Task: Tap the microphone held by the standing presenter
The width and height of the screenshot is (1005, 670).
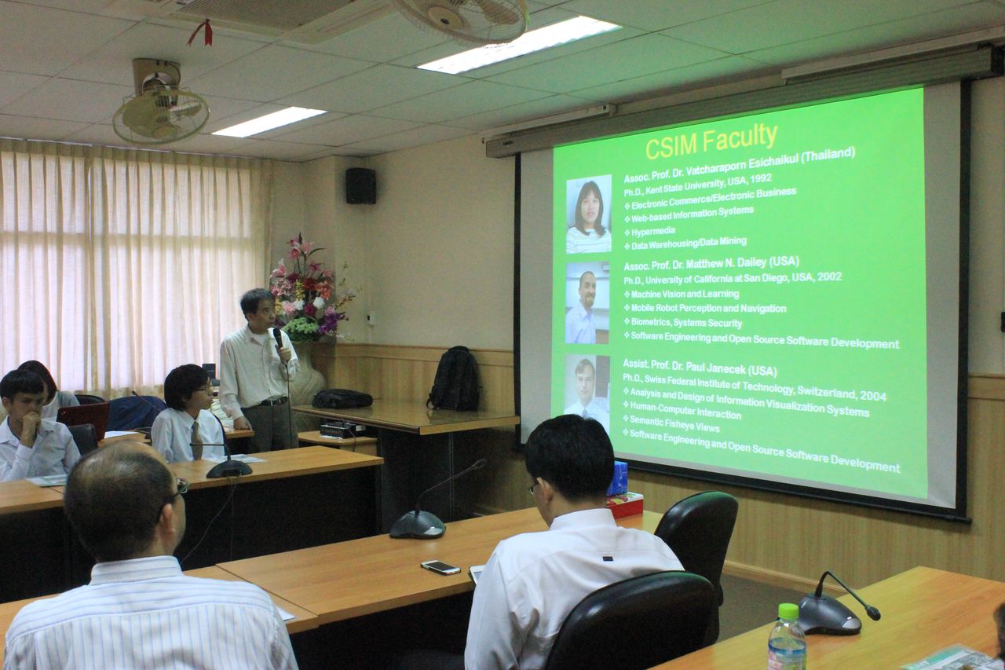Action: pos(278,338)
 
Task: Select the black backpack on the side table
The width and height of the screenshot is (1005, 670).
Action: pos(454,379)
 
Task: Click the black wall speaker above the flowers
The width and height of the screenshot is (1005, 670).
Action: pos(360,186)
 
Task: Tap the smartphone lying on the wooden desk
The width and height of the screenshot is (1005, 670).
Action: pos(440,567)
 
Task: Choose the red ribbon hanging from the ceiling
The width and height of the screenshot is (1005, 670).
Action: pos(201,32)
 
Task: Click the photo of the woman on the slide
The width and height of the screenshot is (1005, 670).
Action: pos(589,214)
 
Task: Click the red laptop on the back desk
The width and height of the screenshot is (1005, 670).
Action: pos(84,419)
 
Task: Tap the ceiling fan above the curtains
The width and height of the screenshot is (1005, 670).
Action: pos(161,104)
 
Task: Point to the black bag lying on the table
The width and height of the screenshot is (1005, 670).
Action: pos(342,398)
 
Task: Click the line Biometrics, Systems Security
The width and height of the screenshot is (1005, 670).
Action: pos(686,323)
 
